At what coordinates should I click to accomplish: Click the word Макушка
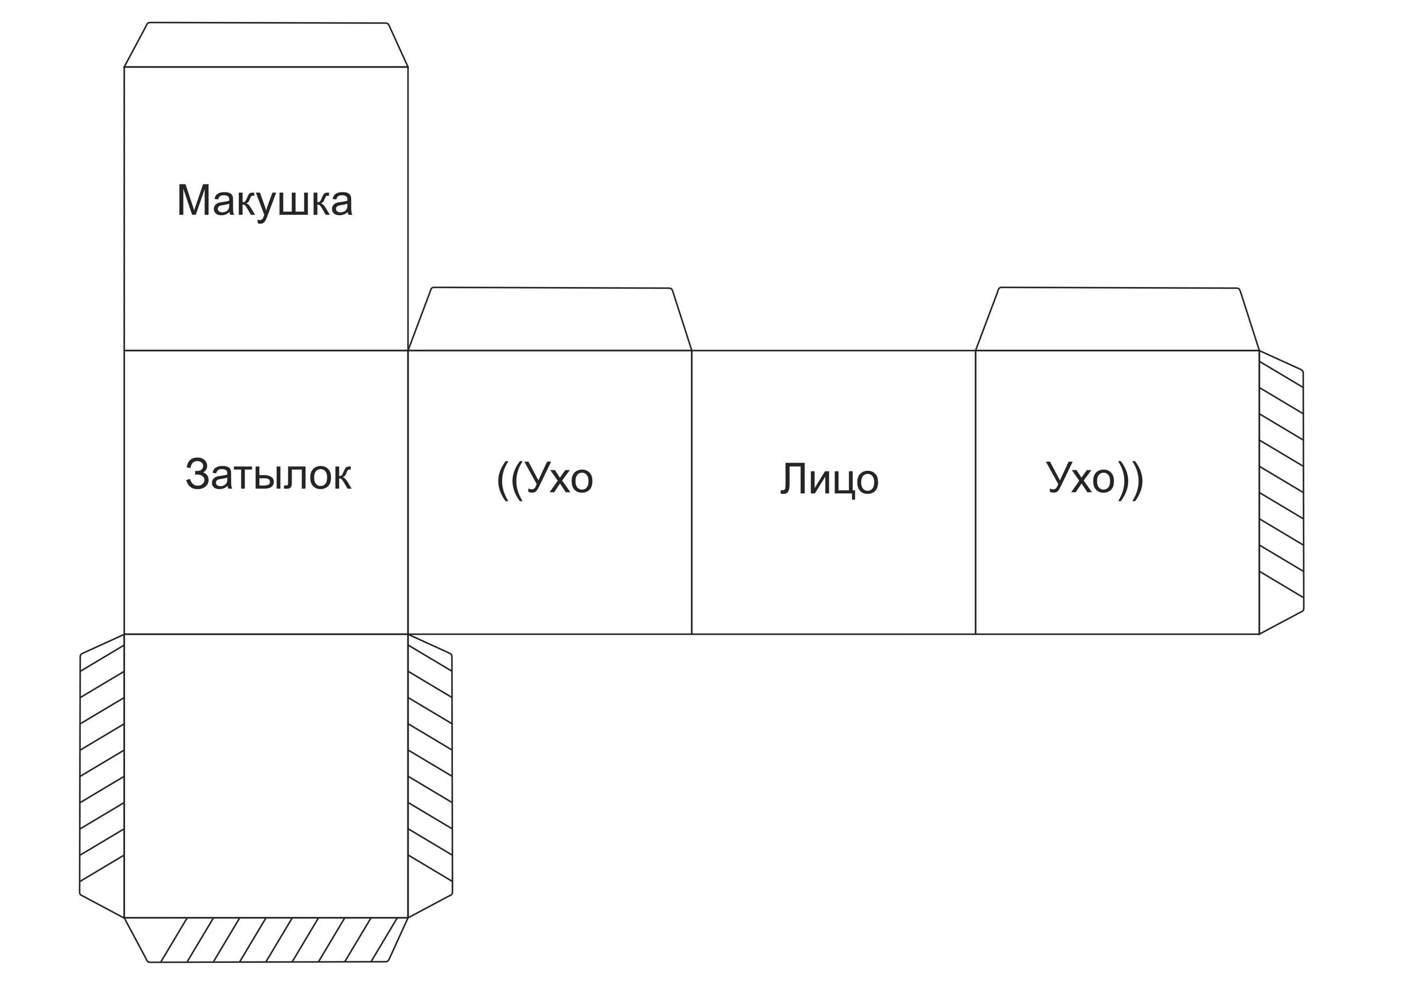265,201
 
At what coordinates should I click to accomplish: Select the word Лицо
829,479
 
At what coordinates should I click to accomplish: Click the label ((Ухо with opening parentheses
545,479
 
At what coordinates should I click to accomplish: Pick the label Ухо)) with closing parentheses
1095,479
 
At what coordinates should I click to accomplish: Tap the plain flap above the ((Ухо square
550,319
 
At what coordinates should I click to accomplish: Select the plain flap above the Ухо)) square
1117,319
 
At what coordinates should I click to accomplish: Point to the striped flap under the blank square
266,939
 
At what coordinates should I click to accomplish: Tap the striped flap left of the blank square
102,775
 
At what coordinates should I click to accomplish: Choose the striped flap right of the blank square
430,775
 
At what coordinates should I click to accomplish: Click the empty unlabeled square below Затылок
266,775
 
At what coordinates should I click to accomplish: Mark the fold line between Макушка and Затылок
266,351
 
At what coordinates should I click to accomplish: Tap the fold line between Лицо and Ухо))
975,492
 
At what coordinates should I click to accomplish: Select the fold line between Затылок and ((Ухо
408,492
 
